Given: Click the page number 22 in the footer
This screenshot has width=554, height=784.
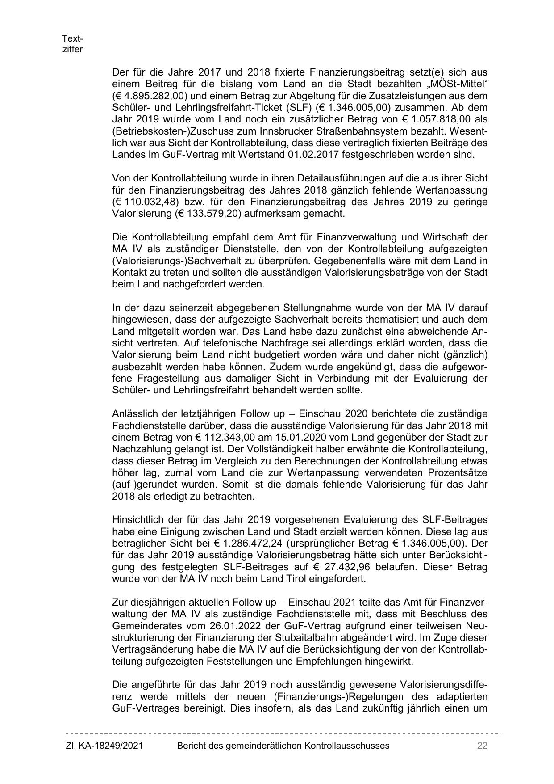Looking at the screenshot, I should pos(482,746).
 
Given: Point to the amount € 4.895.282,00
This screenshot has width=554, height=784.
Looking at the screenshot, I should pos(147,96).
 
